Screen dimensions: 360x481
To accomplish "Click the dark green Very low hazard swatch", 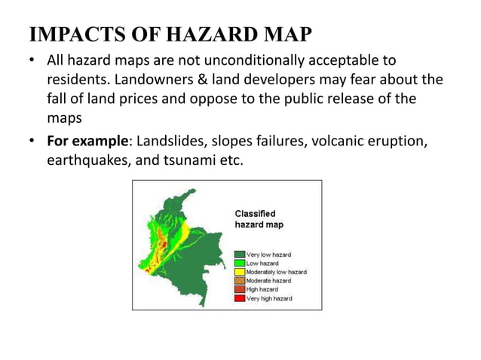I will click(240, 255).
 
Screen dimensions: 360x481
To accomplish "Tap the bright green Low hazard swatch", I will click(240, 263).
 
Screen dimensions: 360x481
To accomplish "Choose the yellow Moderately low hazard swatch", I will click(240, 272).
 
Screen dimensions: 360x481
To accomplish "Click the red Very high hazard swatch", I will click(240, 298).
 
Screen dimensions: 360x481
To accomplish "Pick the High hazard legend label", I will click(262, 289).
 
